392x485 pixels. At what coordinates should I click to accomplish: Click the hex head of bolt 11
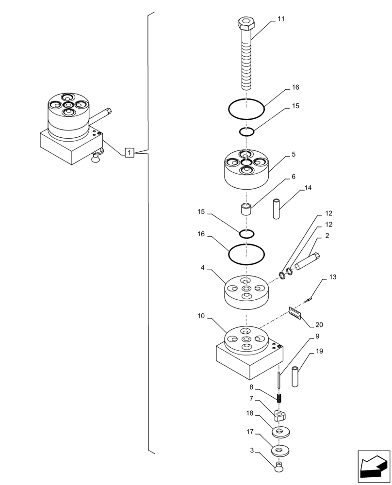tap(246, 23)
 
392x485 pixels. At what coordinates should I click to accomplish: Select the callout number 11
tap(281, 19)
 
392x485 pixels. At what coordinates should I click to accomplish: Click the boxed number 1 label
tap(129, 153)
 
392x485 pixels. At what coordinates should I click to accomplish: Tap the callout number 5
tap(294, 155)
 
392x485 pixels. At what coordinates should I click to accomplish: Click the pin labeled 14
tap(277, 209)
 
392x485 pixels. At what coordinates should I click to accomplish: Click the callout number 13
tap(332, 277)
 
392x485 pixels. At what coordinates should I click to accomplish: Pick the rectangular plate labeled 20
tap(295, 313)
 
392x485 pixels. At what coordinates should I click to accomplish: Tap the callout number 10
tap(201, 316)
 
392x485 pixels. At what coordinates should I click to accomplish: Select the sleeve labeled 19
tap(295, 376)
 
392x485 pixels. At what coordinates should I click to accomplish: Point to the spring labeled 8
tap(279, 399)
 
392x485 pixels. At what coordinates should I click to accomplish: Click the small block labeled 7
tap(279, 415)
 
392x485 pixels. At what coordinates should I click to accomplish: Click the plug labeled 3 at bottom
tap(279, 468)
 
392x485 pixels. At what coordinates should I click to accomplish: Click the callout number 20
tap(319, 325)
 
